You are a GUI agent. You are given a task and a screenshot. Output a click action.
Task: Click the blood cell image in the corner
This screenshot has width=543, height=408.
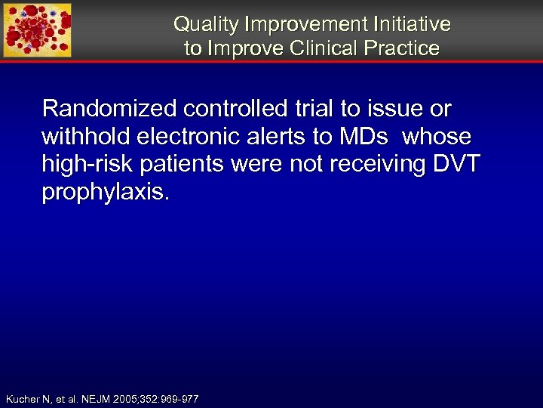[38, 30]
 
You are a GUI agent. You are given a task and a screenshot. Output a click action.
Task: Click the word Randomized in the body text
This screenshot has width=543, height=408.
[109, 109]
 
